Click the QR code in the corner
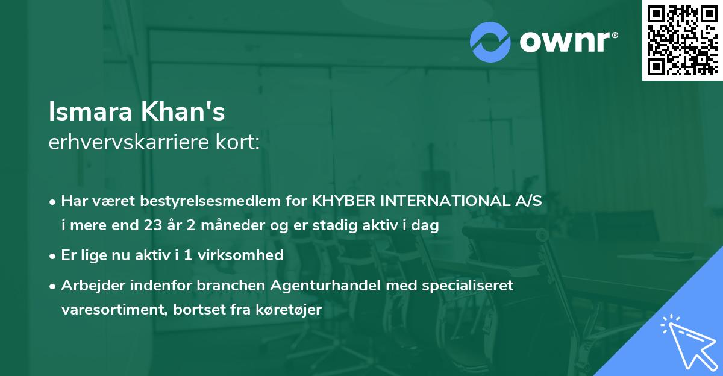coord(682,40)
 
